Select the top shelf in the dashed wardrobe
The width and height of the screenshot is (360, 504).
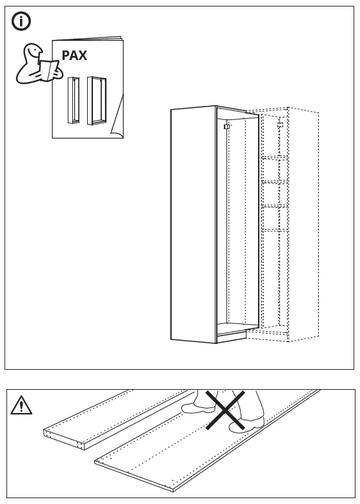click(x=274, y=157)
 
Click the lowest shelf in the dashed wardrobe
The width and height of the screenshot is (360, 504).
click(x=274, y=230)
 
